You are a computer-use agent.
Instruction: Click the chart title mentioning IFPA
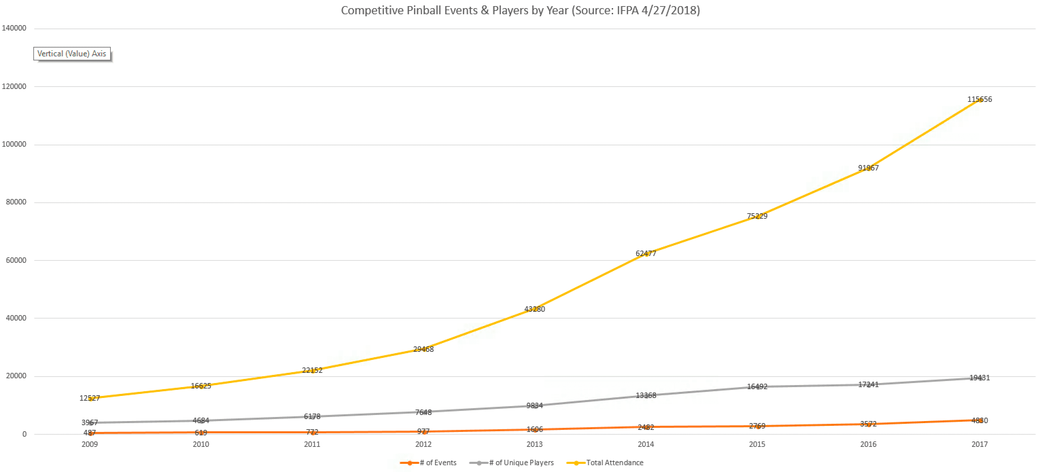tap(520, 10)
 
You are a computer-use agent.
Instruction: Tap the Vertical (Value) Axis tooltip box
tap(72, 54)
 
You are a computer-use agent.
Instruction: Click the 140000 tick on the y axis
tap(14, 28)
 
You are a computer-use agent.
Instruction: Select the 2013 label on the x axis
tap(534, 444)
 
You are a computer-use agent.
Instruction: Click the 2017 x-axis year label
tap(979, 444)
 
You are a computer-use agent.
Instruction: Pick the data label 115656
tap(979, 99)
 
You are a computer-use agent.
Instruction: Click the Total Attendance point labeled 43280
tap(534, 309)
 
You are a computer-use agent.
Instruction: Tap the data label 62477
tap(646, 253)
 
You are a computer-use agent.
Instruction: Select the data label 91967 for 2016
tap(868, 168)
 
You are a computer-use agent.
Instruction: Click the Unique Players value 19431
tap(979, 378)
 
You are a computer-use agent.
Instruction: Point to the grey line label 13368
tap(646, 395)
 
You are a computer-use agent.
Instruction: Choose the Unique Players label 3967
tap(89, 422)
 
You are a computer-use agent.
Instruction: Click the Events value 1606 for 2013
tap(534, 429)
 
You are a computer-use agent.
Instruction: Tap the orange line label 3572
tap(868, 424)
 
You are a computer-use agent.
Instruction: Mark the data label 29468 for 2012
tap(423, 349)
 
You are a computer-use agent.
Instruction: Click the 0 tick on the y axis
tap(24, 434)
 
